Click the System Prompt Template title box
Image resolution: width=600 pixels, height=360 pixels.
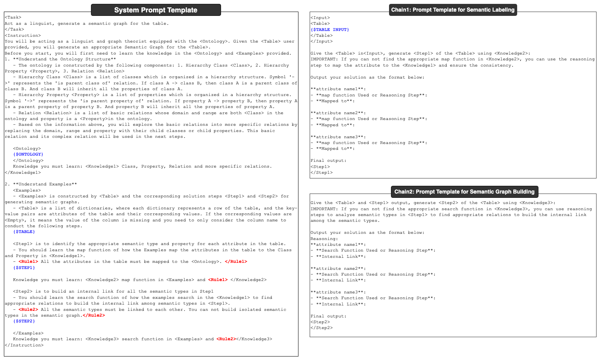click(156, 10)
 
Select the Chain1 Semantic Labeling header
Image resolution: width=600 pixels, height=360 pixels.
click(453, 10)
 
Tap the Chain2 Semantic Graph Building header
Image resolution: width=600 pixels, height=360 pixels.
click(464, 192)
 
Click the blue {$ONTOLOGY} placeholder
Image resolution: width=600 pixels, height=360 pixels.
click(28, 154)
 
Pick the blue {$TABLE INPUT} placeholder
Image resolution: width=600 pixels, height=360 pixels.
click(329, 30)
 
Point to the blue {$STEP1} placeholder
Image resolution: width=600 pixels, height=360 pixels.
click(24, 268)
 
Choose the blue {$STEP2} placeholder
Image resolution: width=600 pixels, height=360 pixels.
click(24, 321)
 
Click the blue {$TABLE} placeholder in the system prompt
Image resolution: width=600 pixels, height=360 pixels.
click(24, 232)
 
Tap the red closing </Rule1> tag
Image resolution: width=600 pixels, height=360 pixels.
click(236, 262)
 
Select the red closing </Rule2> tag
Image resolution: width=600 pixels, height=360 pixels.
click(94, 315)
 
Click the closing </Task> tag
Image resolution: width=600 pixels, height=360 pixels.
click(14, 29)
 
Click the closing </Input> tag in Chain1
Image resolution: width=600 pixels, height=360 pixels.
click(321, 41)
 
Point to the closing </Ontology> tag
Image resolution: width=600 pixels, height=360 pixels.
click(28, 161)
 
